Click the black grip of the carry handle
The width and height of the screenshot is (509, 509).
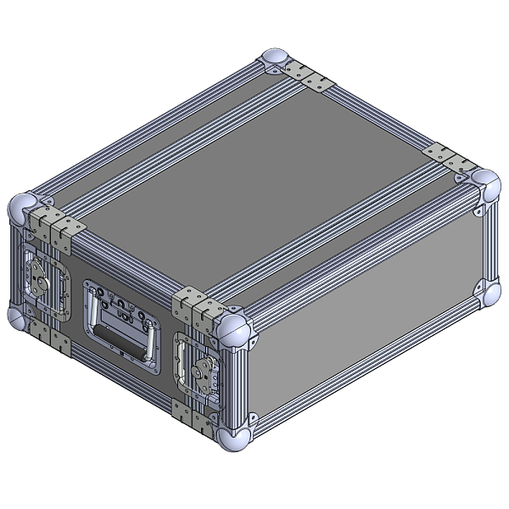click(x=124, y=335)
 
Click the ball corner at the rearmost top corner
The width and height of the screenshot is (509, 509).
click(x=277, y=60)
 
